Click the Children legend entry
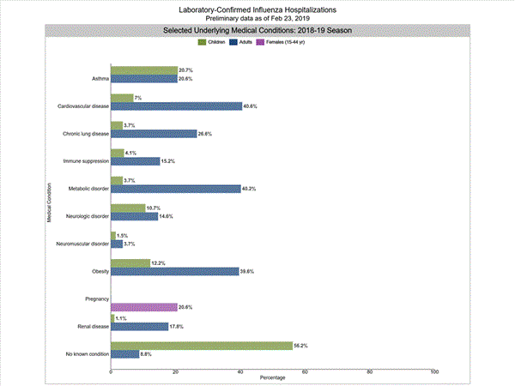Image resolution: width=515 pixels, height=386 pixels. pos(210,42)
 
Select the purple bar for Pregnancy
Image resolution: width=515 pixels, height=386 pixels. pos(144,307)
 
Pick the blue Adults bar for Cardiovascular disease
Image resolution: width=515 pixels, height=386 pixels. pos(177,106)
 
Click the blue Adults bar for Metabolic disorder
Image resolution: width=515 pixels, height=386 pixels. pos(176,189)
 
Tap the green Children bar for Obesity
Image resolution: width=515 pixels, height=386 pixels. pos(130,262)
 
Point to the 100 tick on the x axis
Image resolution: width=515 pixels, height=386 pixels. pos(434,372)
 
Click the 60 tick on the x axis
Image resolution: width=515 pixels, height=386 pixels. pos(305,372)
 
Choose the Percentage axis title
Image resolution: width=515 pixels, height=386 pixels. pos(273,378)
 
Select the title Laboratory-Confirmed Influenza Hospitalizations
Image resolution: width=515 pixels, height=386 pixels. pos(257,9)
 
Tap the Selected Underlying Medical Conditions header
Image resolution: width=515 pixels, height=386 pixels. pos(257,30)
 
